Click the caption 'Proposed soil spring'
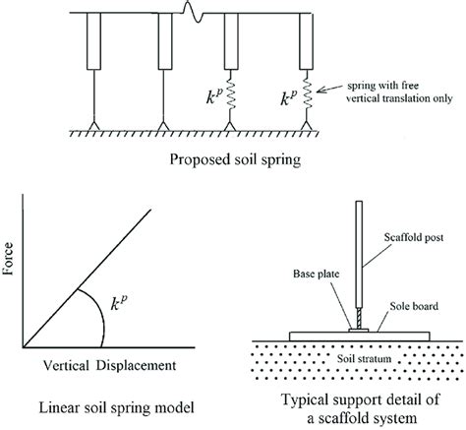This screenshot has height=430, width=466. (x=235, y=160)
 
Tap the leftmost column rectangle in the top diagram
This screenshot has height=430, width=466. (x=93, y=41)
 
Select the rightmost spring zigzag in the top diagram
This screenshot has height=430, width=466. (x=307, y=94)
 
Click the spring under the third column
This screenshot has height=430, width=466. (x=230, y=94)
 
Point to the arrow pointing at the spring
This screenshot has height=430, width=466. (x=328, y=89)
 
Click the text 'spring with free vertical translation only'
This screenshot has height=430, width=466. (x=400, y=92)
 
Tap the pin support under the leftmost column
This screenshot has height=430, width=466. (x=93, y=126)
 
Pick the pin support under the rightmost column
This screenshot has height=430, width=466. (x=307, y=126)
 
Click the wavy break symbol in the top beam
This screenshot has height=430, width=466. (x=194, y=12)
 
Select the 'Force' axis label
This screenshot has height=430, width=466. (x=8, y=259)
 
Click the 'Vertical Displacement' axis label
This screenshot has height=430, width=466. (x=110, y=365)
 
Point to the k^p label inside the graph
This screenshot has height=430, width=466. (x=119, y=302)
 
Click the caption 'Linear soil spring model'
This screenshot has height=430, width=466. (x=116, y=407)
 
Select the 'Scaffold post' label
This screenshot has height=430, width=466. (x=414, y=237)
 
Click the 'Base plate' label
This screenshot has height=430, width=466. (x=316, y=274)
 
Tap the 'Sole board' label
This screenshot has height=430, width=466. (x=414, y=306)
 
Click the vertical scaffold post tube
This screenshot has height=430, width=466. (x=359, y=254)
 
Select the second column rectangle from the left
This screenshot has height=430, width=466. (x=165, y=41)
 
